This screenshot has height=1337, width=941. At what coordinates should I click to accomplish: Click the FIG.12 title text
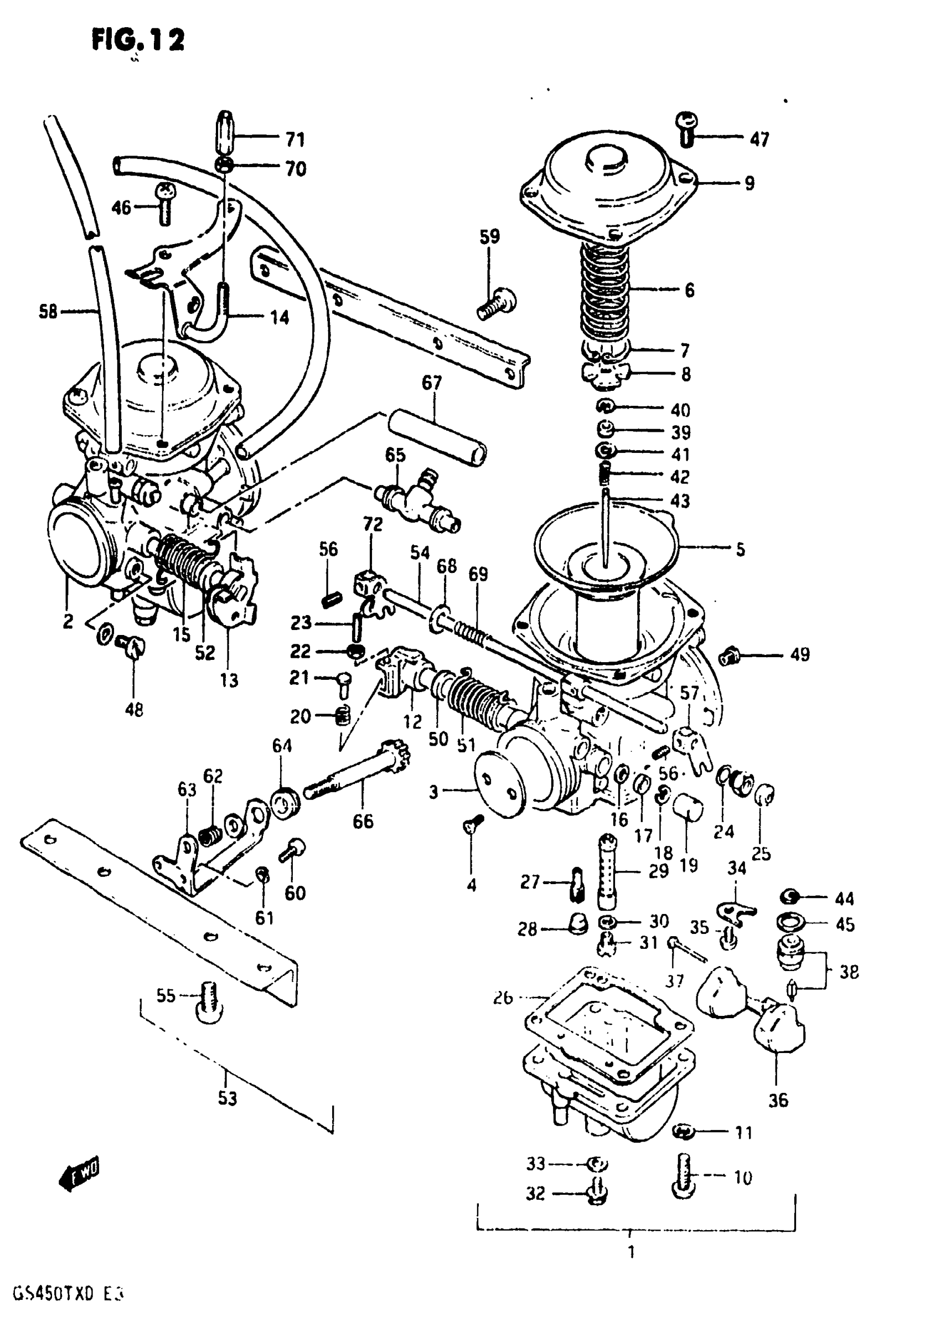click(138, 40)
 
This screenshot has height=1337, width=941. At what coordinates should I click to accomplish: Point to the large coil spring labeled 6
click(606, 291)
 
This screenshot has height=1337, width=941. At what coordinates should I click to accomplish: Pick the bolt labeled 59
click(497, 304)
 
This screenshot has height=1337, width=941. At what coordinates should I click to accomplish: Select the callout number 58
click(48, 312)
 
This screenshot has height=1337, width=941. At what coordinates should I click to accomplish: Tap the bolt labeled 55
click(209, 1001)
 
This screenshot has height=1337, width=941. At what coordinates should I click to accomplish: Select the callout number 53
click(227, 1099)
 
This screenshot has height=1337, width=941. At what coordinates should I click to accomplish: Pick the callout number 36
click(777, 1100)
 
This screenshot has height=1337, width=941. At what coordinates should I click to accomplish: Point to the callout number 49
click(799, 654)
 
